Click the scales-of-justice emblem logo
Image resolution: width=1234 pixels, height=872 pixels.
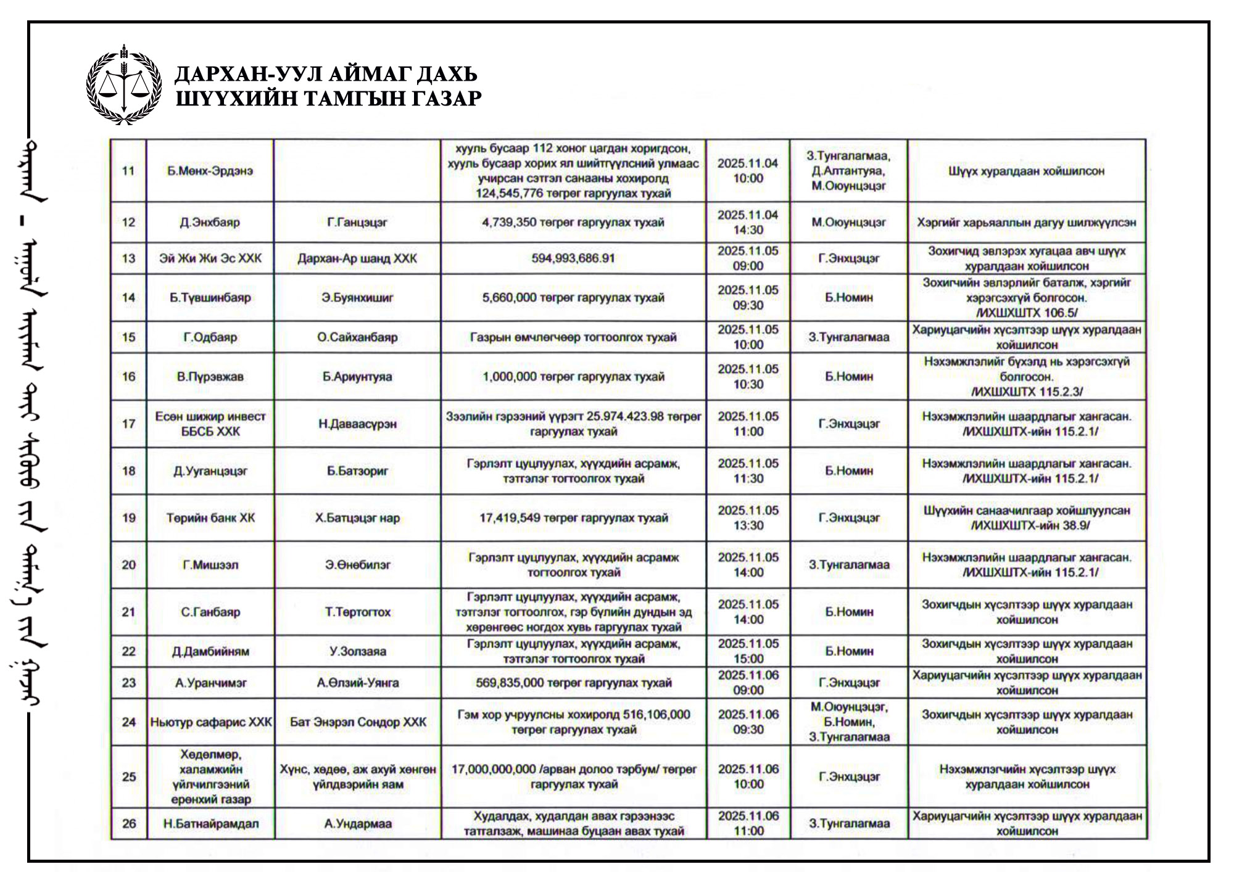pyautogui.click(x=124, y=84)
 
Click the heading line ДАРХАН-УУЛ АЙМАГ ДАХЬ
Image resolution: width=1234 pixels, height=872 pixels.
pyautogui.click(x=326, y=74)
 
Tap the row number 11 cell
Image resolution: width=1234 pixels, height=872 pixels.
pyautogui.click(x=128, y=171)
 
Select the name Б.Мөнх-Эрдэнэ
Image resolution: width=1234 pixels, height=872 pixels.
pyautogui.click(x=210, y=171)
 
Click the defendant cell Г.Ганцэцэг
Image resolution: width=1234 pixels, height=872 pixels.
pyautogui.click(x=357, y=222)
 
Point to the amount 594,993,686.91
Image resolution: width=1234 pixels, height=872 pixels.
pyautogui.click(x=573, y=258)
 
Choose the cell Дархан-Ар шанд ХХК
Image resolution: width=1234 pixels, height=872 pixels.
pyautogui.click(x=357, y=258)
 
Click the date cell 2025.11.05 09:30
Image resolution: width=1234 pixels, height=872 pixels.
pyautogui.click(x=748, y=297)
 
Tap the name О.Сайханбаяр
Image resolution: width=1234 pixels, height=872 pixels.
pyautogui.click(x=357, y=337)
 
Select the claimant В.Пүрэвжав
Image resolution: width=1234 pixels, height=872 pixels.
pyautogui.click(x=210, y=376)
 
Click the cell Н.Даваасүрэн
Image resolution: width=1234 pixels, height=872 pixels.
pyautogui.click(x=357, y=424)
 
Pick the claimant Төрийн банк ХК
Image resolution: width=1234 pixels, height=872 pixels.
pyautogui.click(x=210, y=518)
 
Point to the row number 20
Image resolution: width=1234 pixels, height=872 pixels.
pyautogui.click(x=128, y=565)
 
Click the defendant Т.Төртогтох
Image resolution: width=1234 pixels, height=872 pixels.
pyautogui.click(x=357, y=612)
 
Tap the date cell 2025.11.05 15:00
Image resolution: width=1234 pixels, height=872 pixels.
pyautogui.click(x=748, y=651)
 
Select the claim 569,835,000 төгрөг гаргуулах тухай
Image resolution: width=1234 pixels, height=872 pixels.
pyautogui.click(x=573, y=683)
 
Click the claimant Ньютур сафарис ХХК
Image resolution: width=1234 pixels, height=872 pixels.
pyautogui.click(x=210, y=722)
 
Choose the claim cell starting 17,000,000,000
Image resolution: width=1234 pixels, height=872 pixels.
pyautogui.click(x=573, y=776)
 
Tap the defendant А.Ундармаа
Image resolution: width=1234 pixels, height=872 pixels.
pyautogui.click(x=357, y=823)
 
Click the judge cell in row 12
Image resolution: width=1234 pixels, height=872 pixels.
pyautogui.click(x=848, y=222)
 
